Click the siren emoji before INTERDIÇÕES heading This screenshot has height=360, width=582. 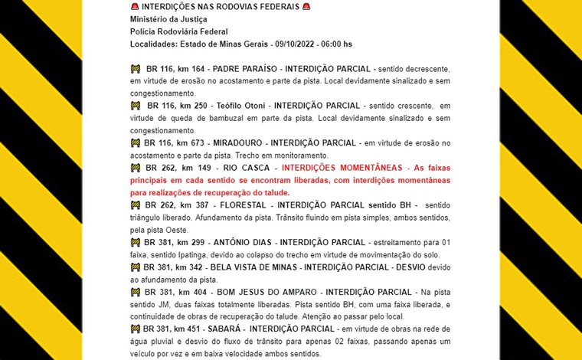[x=135, y=6]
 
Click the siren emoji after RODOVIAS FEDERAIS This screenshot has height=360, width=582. [x=306, y=6]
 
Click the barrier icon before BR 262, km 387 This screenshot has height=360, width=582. [x=136, y=205]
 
